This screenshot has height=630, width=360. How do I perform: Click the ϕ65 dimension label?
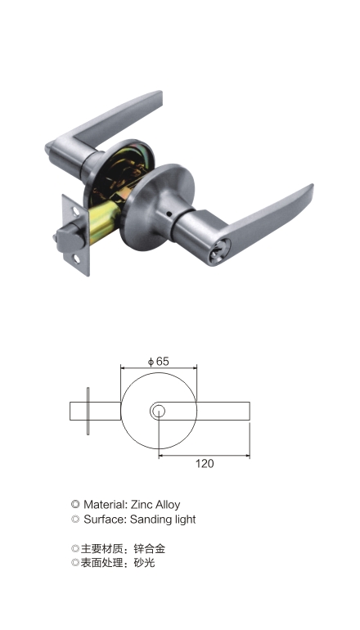tap(158, 361)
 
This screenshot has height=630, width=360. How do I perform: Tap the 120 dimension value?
tap(205, 464)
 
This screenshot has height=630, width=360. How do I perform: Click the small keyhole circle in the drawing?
tap(158, 411)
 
